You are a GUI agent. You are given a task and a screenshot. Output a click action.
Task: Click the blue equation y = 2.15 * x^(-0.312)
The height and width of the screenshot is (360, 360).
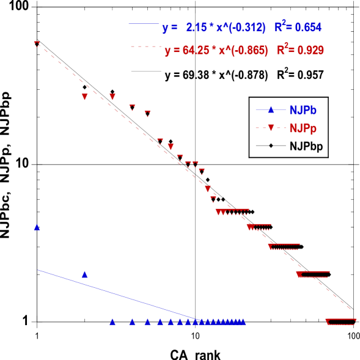click(x=213, y=28)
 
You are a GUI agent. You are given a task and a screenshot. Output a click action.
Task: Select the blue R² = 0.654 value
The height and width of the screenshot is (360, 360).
click(x=298, y=27)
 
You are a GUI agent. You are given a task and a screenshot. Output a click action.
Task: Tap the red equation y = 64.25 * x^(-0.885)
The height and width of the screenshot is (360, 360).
click(x=216, y=51)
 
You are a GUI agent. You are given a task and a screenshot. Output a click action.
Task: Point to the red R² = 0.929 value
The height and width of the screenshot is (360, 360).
click(x=300, y=50)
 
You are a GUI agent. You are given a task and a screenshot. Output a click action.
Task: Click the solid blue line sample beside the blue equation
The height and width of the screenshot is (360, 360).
click(x=143, y=24)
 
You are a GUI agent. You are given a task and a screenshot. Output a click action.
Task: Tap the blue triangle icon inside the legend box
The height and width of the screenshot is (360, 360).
click(x=271, y=110)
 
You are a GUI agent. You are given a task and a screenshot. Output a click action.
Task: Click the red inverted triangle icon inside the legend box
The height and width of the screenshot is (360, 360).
click(x=271, y=128)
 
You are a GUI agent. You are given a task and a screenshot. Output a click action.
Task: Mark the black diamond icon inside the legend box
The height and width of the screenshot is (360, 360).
click(x=271, y=145)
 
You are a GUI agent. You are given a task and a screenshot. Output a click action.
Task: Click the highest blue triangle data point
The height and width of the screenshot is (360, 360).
click(x=37, y=227)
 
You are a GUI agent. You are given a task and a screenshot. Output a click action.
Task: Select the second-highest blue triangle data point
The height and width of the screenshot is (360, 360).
click(x=85, y=274)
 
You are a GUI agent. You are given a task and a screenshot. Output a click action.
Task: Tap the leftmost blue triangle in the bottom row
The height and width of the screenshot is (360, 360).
click(x=112, y=321)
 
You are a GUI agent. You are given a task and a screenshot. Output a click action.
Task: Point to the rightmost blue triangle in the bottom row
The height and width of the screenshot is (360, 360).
click(x=243, y=321)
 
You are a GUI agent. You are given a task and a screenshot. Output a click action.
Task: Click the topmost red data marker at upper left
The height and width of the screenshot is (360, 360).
click(x=37, y=43)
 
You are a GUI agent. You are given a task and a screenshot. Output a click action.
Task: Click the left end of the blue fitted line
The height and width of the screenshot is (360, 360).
click(x=39, y=270)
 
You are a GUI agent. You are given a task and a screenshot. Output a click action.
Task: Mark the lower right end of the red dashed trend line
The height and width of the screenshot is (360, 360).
click(x=351, y=309)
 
